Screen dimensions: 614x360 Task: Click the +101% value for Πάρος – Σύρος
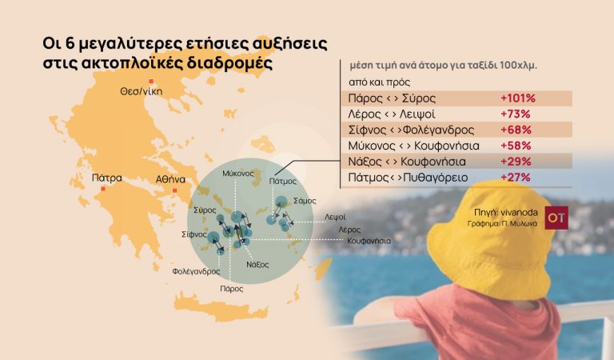(517, 98)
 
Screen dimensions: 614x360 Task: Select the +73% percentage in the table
(515, 114)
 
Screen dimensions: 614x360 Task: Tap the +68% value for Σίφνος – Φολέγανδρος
(516, 130)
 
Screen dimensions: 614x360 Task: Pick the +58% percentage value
(516, 145)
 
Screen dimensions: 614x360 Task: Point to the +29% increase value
(516, 161)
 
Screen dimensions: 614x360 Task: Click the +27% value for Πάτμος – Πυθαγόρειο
(516, 176)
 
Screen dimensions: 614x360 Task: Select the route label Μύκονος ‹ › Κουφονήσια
(413, 145)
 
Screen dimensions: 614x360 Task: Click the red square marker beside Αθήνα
(175, 190)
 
